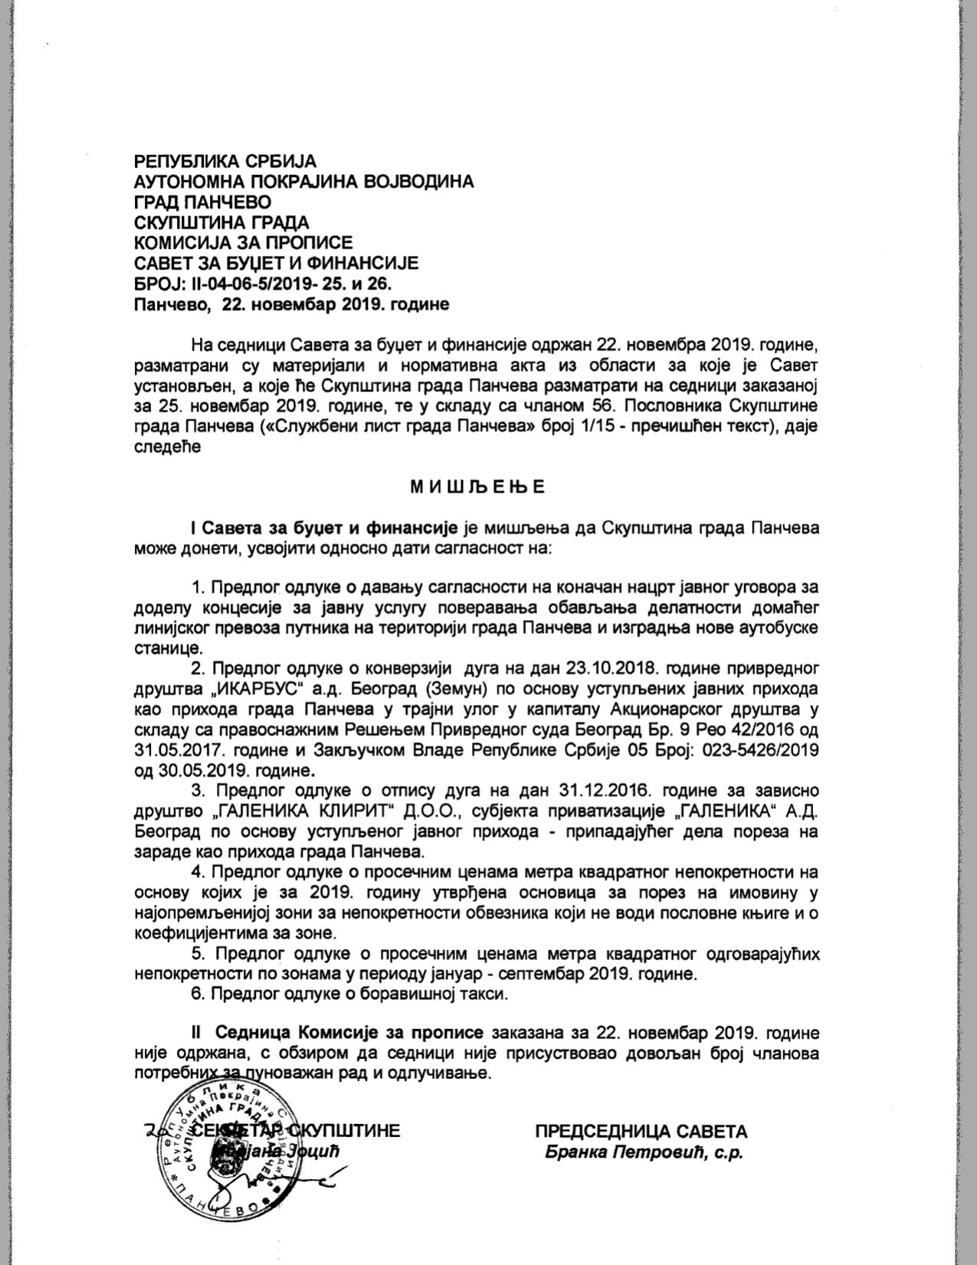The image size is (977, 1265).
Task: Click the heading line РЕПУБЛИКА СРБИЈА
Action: pos(225,162)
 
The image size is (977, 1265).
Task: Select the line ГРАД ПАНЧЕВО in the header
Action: pos(202,202)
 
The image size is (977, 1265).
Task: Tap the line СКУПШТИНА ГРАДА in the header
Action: pos(221,223)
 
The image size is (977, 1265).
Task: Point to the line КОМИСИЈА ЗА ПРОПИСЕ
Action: pos(244,243)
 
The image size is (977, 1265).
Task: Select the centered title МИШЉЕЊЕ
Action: pos(477,487)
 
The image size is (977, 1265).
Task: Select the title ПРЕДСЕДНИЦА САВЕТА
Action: pos(641,1132)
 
